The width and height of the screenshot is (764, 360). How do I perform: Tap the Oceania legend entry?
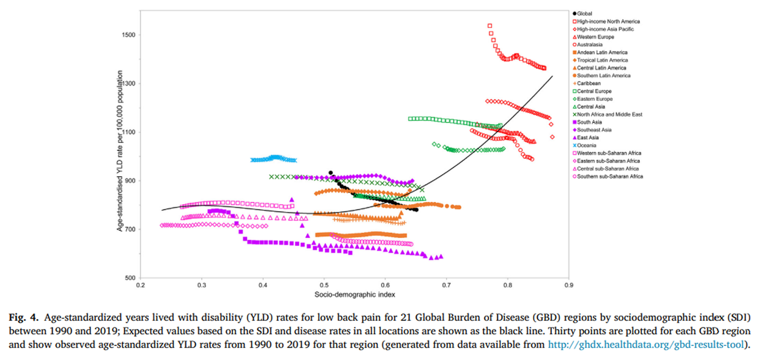pyautogui.click(x=590, y=145)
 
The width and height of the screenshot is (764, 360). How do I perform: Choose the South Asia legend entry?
pyautogui.click(x=592, y=122)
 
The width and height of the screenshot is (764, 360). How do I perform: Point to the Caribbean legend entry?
pyautogui.click(x=589, y=84)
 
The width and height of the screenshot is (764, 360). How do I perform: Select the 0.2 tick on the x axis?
pyautogui.click(x=140, y=285)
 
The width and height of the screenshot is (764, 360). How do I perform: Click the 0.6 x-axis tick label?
pyautogui.click(x=385, y=285)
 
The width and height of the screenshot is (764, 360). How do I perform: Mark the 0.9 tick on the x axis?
pyautogui.click(x=568, y=285)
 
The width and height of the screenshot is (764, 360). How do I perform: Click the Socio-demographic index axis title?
pyautogui.click(x=354, y=295)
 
